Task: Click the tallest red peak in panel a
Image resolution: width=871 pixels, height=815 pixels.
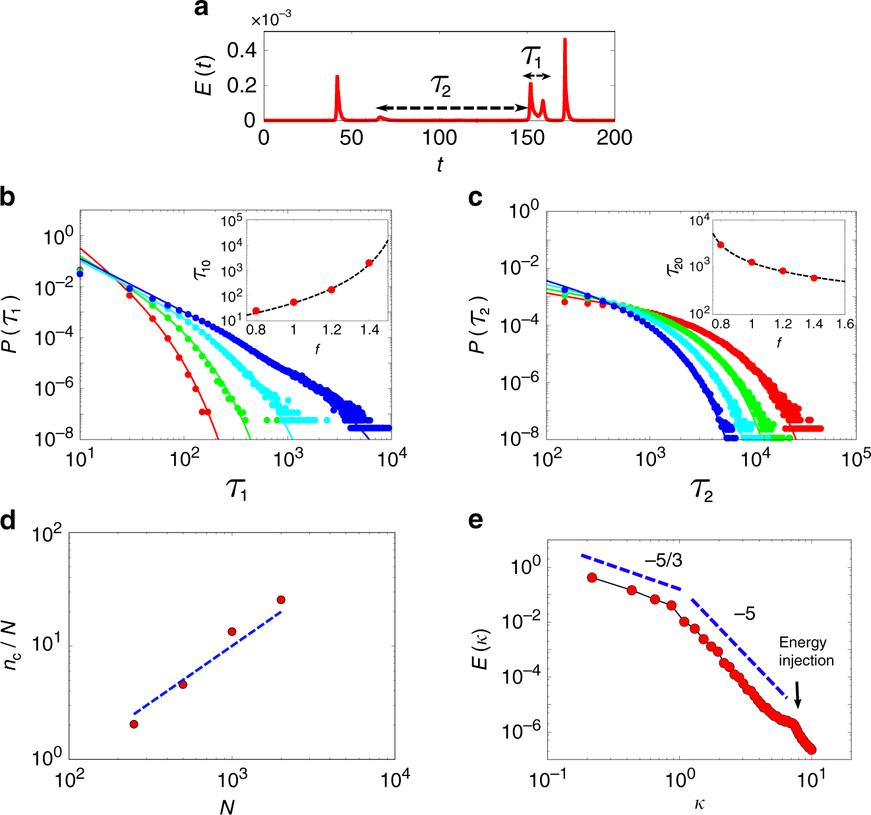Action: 565,41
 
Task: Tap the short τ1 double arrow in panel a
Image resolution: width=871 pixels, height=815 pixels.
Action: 537,76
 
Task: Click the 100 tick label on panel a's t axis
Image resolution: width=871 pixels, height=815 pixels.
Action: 440,138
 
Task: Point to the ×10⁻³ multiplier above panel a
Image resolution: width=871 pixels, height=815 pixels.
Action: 271,20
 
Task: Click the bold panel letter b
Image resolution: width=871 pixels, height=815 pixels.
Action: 7,197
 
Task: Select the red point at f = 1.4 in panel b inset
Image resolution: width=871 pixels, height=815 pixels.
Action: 369,263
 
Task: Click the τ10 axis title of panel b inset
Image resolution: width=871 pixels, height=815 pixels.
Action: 201,269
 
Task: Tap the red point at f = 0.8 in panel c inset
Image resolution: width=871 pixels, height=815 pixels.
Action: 721,244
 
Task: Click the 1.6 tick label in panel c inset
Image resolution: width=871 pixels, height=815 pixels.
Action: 845,324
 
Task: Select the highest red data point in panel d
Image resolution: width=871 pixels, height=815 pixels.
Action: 281,600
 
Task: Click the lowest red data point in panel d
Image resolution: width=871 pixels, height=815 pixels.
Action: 134,724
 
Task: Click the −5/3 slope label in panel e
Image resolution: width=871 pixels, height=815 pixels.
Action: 663,561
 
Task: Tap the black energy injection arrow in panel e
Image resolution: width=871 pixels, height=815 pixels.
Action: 798,694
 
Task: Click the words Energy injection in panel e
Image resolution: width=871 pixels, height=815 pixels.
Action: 806,652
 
